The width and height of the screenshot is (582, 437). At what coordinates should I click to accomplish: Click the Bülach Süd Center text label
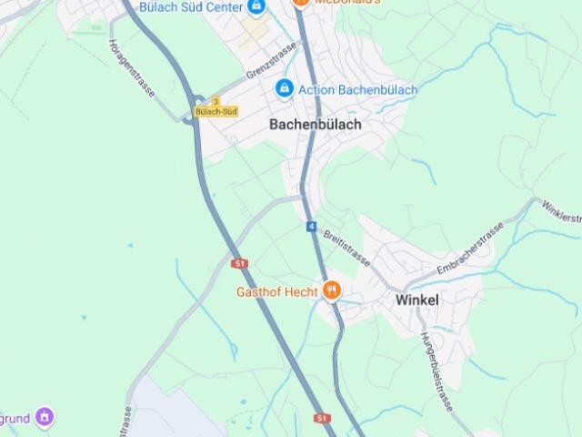tap(190, 6)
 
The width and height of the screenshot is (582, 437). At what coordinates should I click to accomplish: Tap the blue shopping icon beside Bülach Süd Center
tap(256, 6)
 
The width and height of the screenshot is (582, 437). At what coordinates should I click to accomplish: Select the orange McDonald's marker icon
tap(300, 3)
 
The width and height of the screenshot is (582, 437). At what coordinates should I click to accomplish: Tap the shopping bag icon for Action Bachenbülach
tap(284, 89)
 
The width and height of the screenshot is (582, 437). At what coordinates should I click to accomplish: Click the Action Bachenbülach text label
tap(357, 90)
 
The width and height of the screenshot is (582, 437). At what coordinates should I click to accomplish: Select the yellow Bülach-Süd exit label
tap(216, 112)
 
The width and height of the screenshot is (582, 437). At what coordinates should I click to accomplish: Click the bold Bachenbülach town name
tap(316, 125)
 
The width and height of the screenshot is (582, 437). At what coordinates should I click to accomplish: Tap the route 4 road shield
tap(311, 225)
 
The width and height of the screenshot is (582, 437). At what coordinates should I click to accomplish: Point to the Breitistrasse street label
tap(346, 246)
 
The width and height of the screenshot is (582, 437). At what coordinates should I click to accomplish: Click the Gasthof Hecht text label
tap(276, 292)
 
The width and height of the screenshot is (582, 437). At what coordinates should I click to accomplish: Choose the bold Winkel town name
tap(416, 299)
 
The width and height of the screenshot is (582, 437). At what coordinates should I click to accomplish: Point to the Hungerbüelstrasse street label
tap(436, 369)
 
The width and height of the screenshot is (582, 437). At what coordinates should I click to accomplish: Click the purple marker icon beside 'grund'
tap(45, 418)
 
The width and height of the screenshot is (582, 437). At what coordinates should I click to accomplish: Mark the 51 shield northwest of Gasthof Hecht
tap(240, 263)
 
